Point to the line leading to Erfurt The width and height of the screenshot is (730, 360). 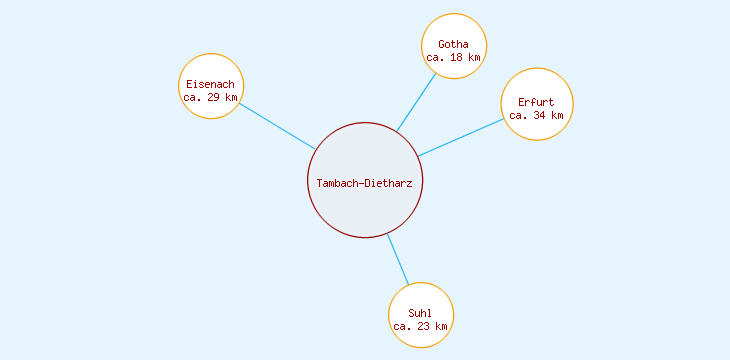(x=460, y=137)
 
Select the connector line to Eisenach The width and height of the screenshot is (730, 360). (x=277, y=126)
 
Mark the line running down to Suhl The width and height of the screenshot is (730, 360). (x=398, y=259)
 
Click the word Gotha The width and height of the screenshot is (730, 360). (x=453, y=44)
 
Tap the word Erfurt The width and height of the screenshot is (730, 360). (x=536, y=102)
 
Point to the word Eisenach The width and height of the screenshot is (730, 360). (x=210, y=84)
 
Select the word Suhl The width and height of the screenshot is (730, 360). (x=420, y=314)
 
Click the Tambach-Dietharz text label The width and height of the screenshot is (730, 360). (x=366, y=183)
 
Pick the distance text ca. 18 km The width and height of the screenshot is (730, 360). (x=453, y=58)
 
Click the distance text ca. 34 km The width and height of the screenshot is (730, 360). (x=536, y=115)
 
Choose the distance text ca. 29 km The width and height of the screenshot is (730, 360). (x=210, y=97)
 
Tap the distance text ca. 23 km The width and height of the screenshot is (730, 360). (x=420, y=327)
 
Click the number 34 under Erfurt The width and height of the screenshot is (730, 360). (x=541, y=115)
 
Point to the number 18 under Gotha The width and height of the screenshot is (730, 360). (x=458, y=58)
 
